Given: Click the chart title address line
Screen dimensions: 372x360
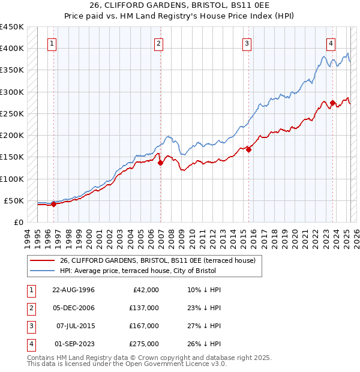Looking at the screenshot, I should (x=179, y=7).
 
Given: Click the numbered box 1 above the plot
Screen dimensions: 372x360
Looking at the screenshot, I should (x=53, y=43).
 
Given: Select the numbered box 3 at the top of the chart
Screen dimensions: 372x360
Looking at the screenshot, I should (x=247, y=43).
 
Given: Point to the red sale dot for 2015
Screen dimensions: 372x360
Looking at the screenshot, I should (x=248, y=150).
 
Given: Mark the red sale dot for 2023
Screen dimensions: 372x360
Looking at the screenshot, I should (x=332, y=103).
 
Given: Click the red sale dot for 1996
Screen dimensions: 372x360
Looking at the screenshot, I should (x=53, y=204).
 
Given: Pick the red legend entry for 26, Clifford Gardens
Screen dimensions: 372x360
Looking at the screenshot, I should (x=157, y=260).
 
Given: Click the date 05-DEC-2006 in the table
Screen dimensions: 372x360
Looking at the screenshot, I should (x=73, y=308).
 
